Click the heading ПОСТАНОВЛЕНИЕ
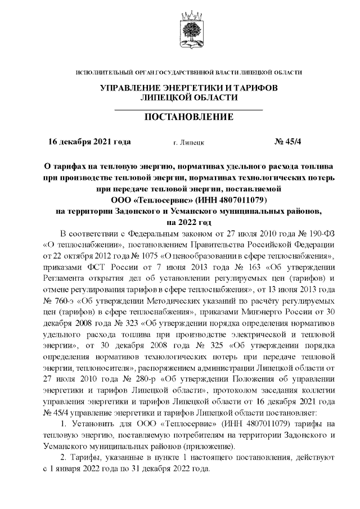click(189, 117)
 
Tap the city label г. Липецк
click(189, 143)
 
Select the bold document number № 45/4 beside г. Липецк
click(288, 142)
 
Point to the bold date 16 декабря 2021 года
click(89, 142)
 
